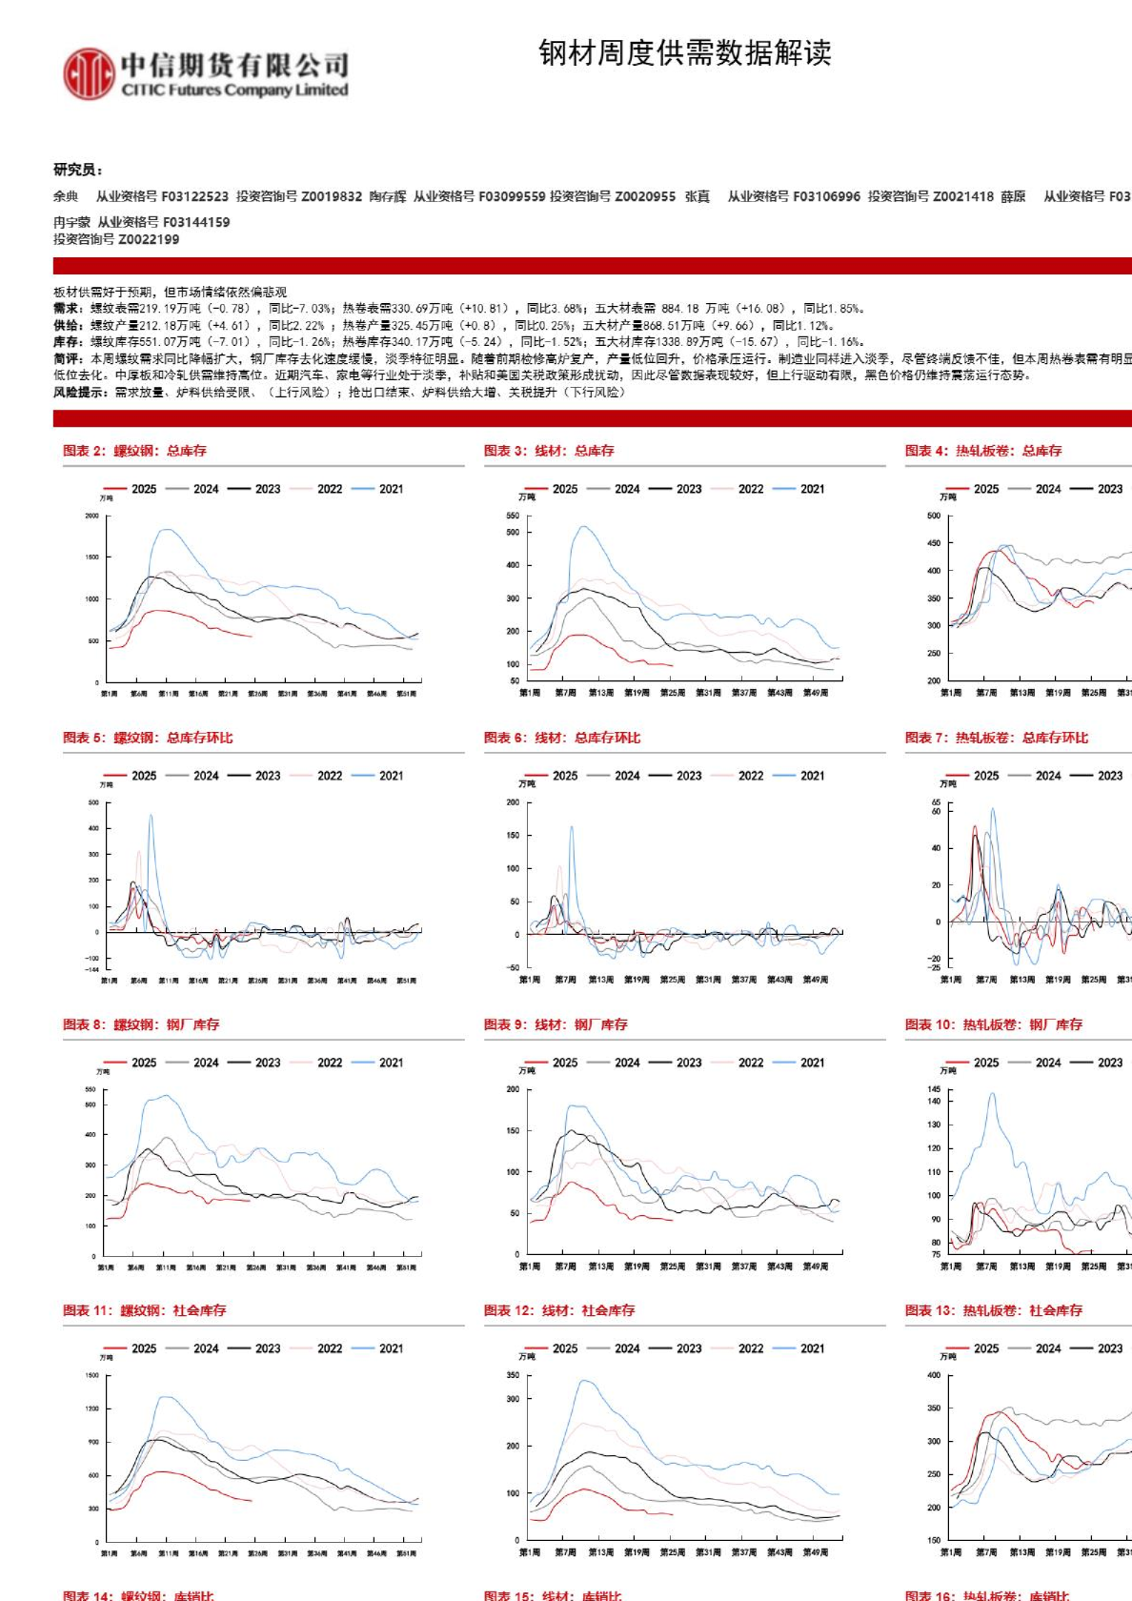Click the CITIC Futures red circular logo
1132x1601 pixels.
[89, 74]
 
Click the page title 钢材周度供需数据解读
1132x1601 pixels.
[684, 53]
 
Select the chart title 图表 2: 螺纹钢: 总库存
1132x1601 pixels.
[134, 451]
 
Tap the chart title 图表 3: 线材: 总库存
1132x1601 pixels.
[549, 451]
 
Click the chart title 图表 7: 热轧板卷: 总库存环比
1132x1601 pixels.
[996, 738]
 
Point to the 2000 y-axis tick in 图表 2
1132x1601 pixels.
[92, 516]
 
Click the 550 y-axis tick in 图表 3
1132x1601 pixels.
[513, 516]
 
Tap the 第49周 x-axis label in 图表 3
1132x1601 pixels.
[816, 693]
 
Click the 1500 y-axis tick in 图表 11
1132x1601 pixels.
[92, 1375]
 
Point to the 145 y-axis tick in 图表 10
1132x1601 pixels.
[934, 1089]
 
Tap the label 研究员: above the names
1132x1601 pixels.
[77, 170]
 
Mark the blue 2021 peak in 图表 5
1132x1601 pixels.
[151, 816]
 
